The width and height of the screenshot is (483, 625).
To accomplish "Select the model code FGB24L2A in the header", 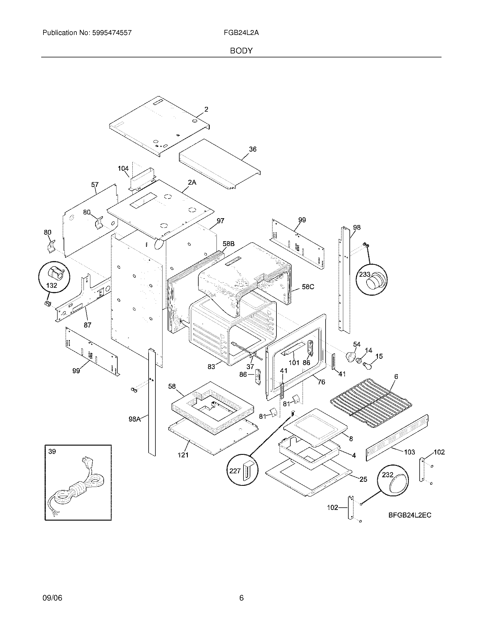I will (241, 33).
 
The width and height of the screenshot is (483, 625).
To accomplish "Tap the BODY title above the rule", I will (241, 51).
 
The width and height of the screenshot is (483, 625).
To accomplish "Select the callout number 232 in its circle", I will (388, 475).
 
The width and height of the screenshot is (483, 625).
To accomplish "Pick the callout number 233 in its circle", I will (365, 274).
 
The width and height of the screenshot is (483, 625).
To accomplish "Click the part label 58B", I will (228, 244).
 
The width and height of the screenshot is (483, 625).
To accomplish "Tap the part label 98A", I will (134, 419).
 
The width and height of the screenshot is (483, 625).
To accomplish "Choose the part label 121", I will (183, 455).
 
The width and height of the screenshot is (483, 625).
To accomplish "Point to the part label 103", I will (409, 452).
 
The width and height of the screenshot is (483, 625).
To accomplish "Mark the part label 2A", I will (192, 182).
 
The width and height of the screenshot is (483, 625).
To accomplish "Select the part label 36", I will (253, 149).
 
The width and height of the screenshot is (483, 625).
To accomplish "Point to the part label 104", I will (123, 168).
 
